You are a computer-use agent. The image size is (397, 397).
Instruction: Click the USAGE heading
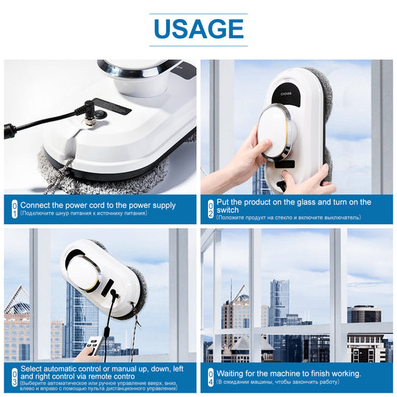(198, 29)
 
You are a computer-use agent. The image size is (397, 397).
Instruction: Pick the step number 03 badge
(13, 378)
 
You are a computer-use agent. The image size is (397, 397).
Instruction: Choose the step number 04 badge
(210, 378)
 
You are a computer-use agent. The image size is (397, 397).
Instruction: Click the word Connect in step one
(36, 205)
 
